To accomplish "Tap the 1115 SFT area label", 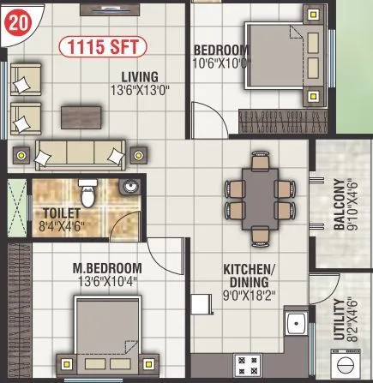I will point(102,45).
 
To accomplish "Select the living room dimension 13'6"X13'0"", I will point(140,87).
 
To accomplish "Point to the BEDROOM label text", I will point(221,50).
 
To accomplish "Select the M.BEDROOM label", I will point(106,266).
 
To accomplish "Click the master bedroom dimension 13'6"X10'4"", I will point(106,279).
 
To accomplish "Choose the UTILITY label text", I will point(339,320).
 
